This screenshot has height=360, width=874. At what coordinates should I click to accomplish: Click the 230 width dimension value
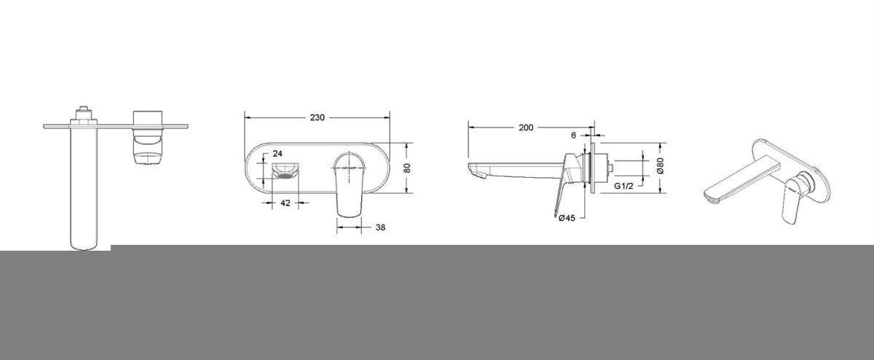[317, 117]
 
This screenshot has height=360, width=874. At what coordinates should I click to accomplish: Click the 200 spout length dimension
[526, 128]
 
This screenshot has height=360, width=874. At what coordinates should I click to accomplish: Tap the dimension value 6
[573, 136]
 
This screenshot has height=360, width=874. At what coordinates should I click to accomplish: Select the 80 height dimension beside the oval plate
[407, 168]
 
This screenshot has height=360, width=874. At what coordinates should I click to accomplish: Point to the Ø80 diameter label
[660, 165]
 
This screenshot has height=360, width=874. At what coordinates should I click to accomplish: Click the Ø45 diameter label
[567, 218]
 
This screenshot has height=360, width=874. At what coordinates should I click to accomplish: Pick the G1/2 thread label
[623, 187]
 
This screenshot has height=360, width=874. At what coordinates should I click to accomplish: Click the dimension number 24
[277, 154]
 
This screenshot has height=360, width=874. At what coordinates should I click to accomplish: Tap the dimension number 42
[286, 203]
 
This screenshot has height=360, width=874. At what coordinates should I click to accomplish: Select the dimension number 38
[380, 227]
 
